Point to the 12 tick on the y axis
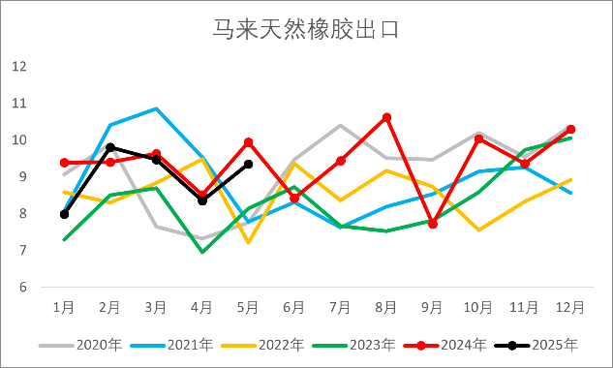coord(19,66)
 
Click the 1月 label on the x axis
coord(64,307)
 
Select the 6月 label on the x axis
coord(294,307)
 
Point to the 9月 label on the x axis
coord(433,307)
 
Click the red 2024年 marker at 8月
coord(386,117)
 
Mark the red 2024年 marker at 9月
coord(433,224)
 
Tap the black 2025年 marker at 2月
coord(110,147)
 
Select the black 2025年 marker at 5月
coord(249,165)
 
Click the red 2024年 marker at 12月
coord(571,129)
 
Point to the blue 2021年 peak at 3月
coord(156,108)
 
